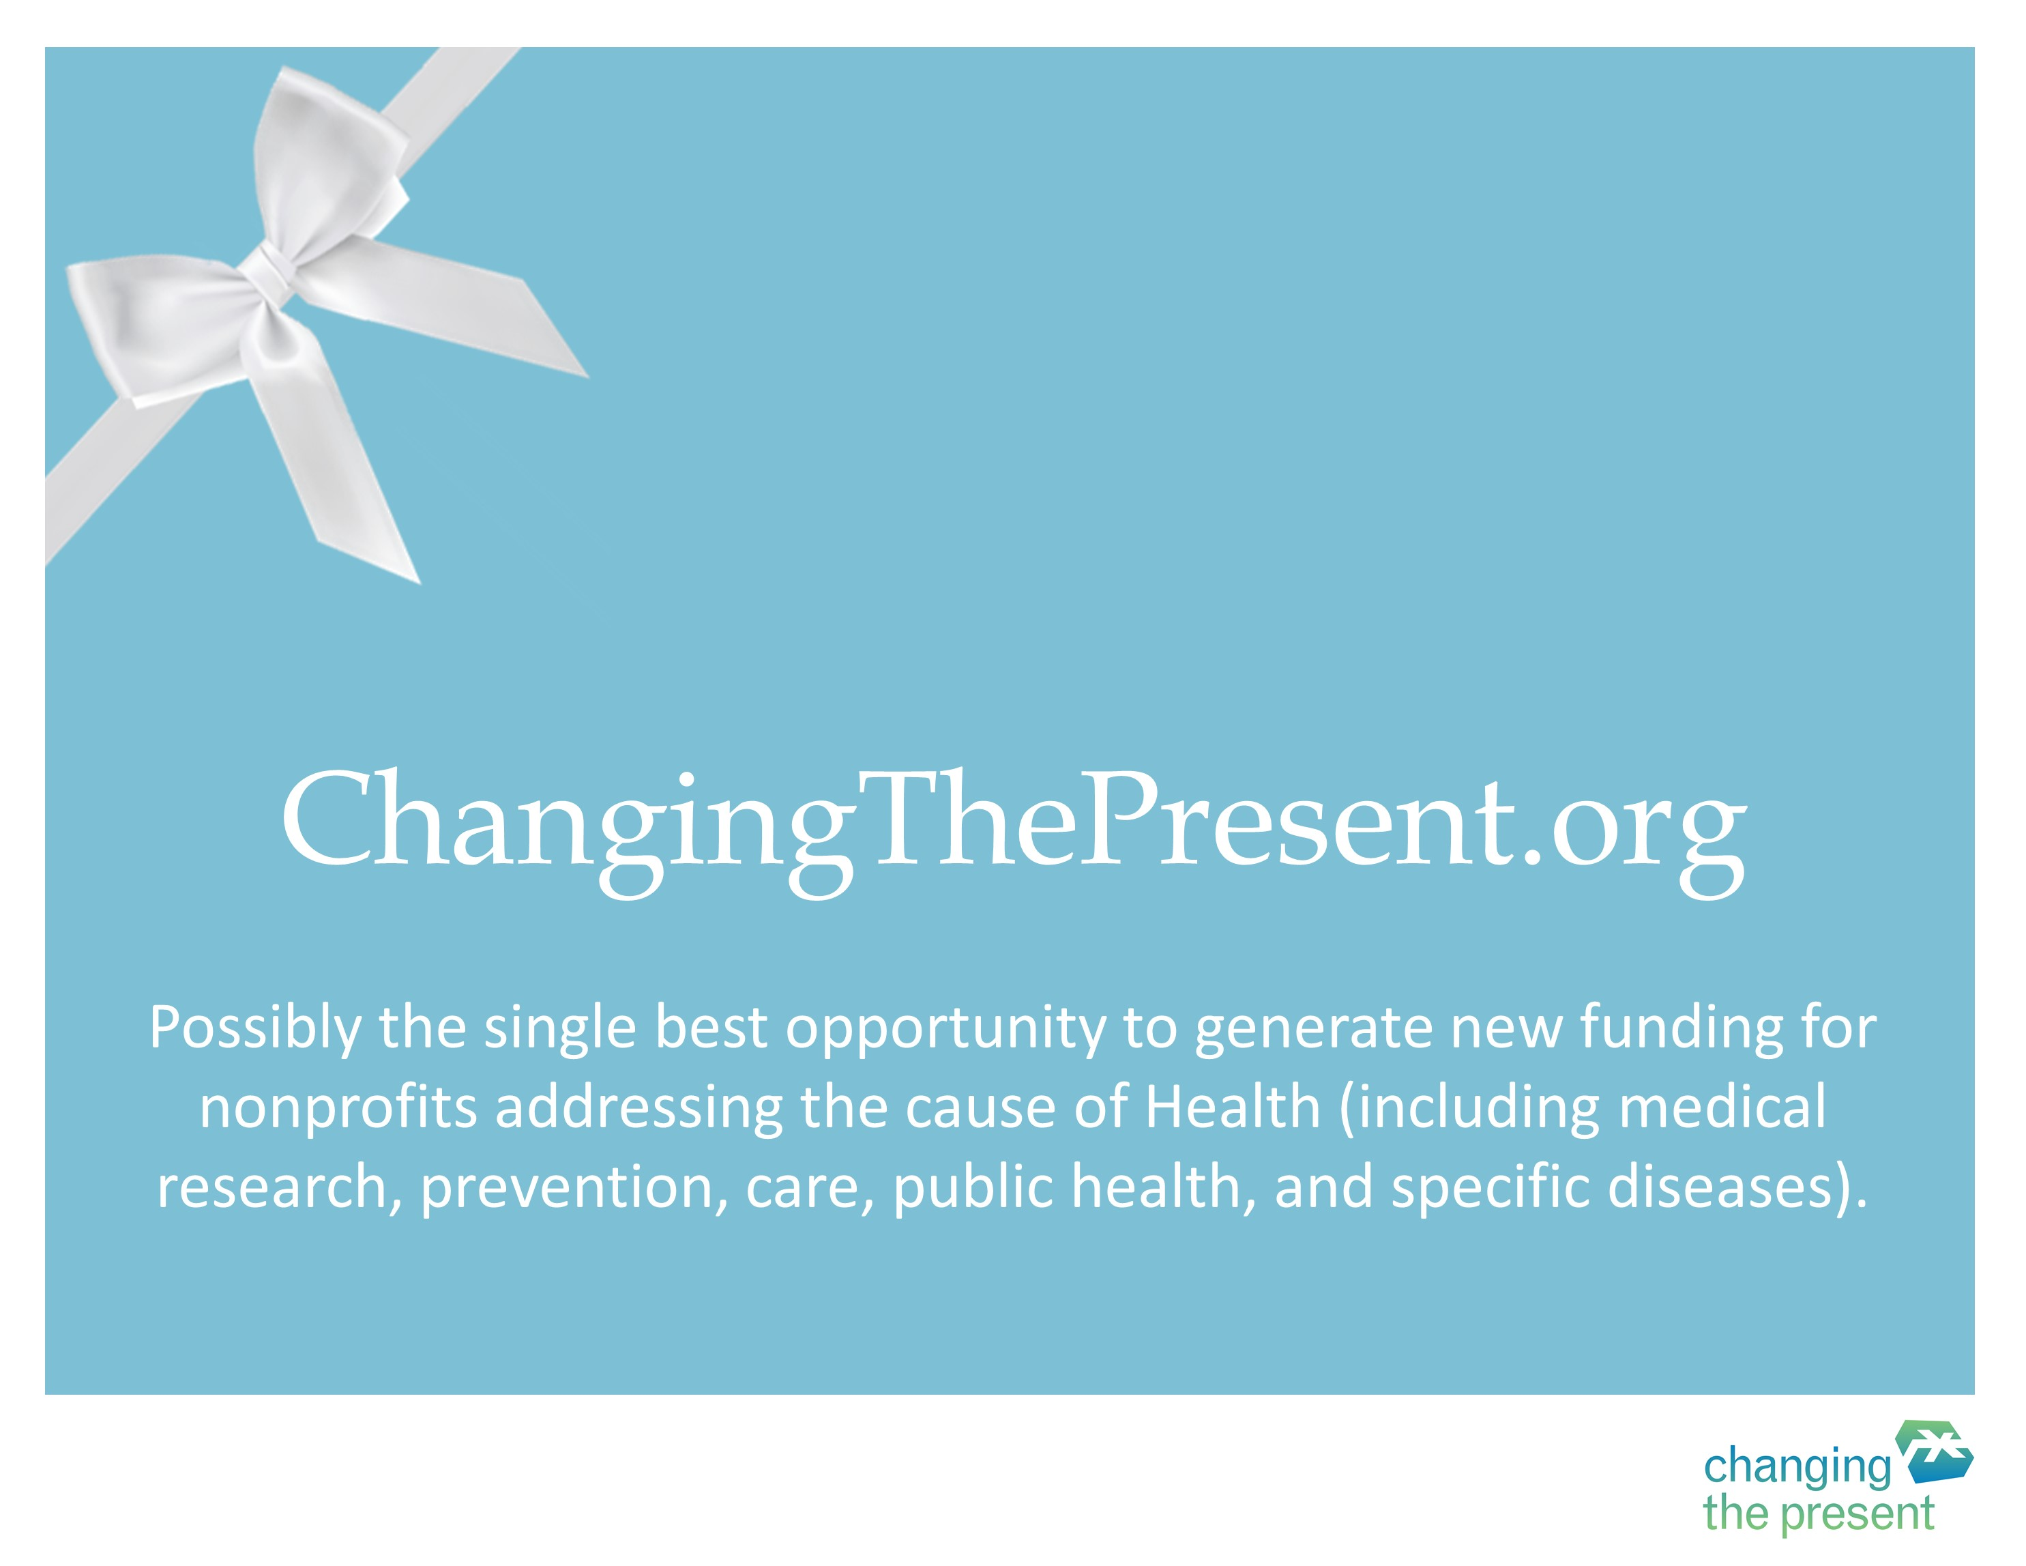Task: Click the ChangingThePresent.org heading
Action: [x=1014, y=830]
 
